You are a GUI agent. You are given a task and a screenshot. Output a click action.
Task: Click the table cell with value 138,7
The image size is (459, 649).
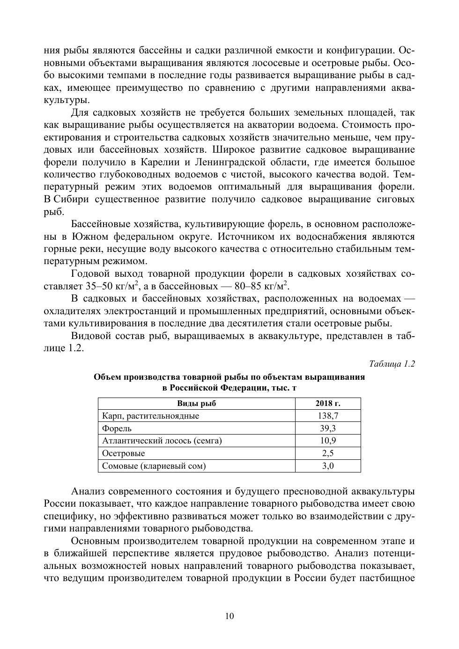[x=328, y=416]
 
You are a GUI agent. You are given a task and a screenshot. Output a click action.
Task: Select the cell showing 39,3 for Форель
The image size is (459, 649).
[x=328, y=428]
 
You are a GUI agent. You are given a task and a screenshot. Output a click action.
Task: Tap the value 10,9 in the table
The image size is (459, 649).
[x=328, y=441]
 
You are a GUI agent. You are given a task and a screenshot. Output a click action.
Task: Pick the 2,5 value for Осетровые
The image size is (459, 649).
[x=328, y=453]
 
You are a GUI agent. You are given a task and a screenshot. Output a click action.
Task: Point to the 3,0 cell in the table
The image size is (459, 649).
[x=328, y=466]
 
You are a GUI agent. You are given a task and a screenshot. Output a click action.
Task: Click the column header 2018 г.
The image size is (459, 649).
[x=328, y=404]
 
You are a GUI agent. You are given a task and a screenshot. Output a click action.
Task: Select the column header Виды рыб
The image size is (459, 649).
[x=196, y=404]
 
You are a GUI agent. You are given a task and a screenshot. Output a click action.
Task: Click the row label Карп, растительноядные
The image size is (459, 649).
[x=150, y=416]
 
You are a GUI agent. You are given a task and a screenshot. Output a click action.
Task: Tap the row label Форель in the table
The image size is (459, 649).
[x=117, y=428]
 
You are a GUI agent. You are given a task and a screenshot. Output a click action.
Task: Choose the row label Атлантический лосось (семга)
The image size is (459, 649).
[x=162, y=441]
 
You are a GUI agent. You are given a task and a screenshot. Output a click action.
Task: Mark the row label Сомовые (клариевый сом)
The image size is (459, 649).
[x=154, y=466]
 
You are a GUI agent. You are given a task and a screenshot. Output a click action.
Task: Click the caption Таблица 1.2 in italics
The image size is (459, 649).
[x=392, y=364]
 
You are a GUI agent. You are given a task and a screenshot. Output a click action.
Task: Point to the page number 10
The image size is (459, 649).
[x=229, y=616]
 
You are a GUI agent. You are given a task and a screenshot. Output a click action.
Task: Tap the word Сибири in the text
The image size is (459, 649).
[x=72, y=199]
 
